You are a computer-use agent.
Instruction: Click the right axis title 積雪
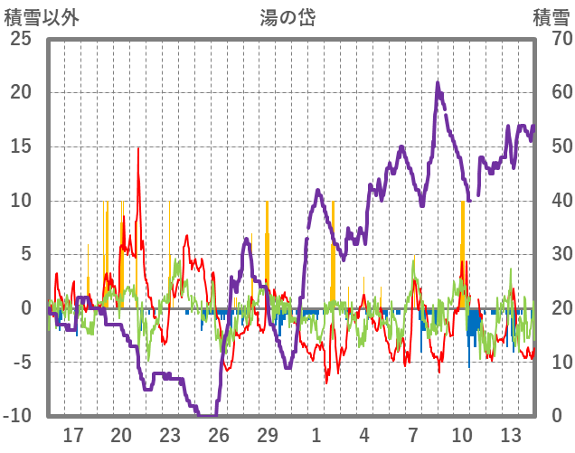549,18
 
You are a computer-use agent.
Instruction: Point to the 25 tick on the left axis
19,39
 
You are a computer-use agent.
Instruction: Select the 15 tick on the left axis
19,146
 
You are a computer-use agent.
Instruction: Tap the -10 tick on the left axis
16,416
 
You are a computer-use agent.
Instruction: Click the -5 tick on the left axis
19,363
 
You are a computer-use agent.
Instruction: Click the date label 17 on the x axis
73,435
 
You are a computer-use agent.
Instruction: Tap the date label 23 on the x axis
170,435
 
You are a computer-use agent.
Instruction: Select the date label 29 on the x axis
268,435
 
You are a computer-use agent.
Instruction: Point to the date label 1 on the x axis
316,435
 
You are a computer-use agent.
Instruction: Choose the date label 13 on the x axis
511,435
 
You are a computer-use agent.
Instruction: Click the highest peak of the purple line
438,84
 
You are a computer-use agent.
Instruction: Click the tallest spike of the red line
138,149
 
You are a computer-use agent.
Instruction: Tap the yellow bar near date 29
267,244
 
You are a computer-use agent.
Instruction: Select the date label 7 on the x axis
413,435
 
